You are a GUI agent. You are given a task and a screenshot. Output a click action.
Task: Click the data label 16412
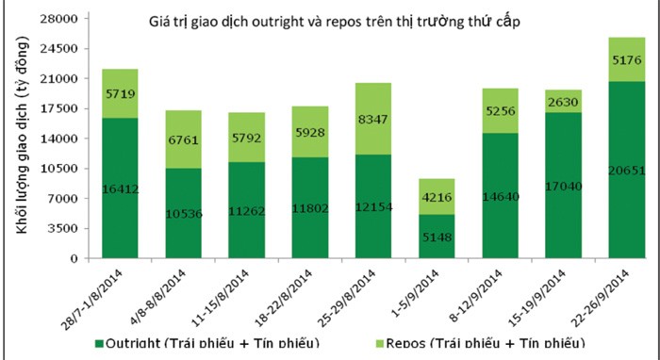120,189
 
